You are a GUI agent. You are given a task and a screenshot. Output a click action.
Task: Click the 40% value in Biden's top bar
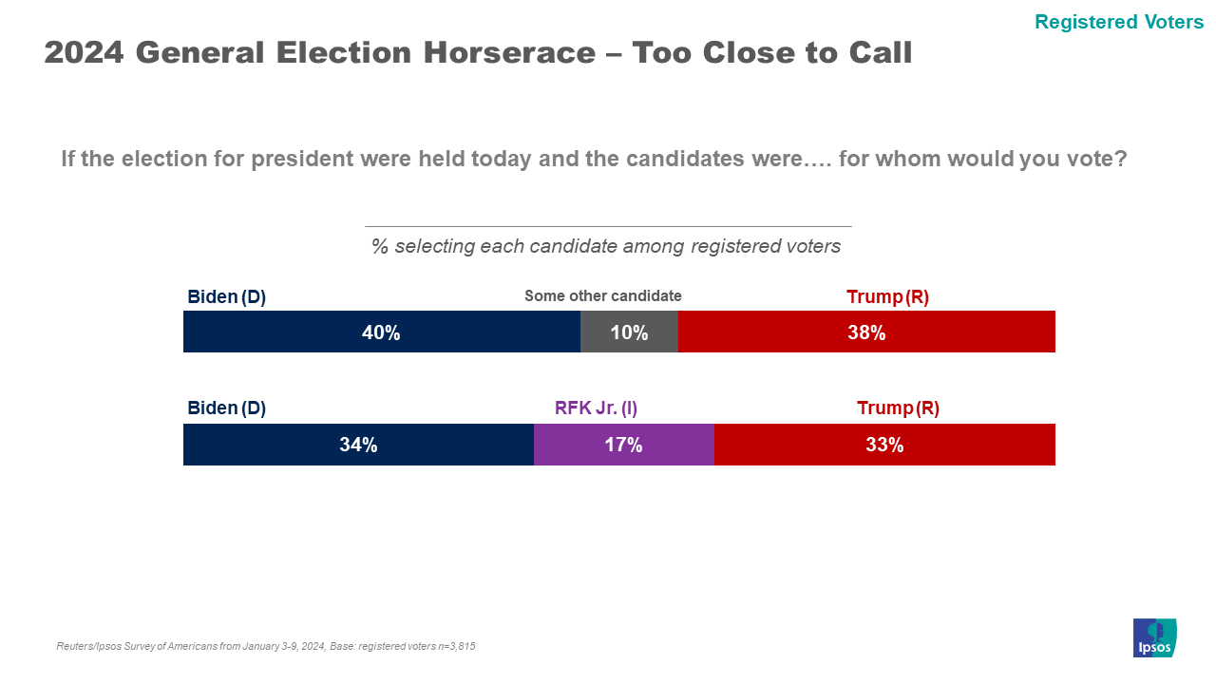coord(381,332)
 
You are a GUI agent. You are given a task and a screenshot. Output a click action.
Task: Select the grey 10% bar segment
coord(629,332)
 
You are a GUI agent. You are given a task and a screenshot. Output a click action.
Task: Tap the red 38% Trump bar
coord(866,332)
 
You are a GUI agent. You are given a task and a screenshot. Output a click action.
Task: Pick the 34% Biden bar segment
coord(358,445)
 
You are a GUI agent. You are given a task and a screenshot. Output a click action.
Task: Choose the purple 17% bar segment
coord(623,445)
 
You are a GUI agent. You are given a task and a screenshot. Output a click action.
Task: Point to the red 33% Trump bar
coord(884,445)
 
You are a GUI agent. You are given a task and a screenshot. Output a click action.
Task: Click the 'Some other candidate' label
coord(603,295)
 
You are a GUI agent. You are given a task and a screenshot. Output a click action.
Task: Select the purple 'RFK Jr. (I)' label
coord(596,408)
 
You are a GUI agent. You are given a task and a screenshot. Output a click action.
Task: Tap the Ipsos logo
coord(1154,637)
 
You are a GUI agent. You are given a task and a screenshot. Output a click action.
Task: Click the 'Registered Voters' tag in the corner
coord(1119,22)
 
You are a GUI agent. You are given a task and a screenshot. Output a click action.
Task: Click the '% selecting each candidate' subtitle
coord(606,246)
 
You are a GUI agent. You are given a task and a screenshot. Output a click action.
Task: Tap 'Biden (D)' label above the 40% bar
coord(226,296)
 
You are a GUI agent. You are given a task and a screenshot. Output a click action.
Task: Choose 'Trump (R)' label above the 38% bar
coord(887,296)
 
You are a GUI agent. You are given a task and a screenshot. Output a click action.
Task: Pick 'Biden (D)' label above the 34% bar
coord(226,408)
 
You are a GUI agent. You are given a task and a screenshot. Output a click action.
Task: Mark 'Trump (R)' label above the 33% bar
coord(898,408)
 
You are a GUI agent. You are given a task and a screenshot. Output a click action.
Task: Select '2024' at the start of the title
coord(84,53)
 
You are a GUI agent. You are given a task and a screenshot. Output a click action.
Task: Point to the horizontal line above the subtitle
coord(608,226)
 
